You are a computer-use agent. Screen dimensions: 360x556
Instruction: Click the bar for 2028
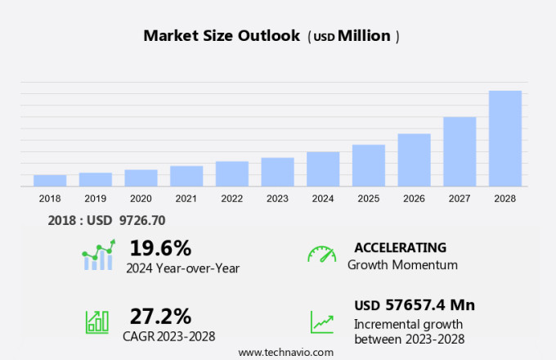click(504, 138)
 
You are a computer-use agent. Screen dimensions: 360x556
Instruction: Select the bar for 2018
click(50, 181)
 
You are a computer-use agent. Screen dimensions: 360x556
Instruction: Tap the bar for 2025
click(368, 165)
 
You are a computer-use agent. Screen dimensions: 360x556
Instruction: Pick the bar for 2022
click(231, 173)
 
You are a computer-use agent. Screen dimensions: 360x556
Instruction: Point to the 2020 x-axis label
click(141, 198)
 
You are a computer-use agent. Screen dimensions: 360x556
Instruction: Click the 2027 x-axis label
click(460, 198)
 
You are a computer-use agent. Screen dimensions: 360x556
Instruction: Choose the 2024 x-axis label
click(323, 198)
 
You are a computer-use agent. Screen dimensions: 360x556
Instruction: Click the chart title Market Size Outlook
click(221, 36)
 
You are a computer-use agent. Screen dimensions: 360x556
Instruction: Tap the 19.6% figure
click(160, 247)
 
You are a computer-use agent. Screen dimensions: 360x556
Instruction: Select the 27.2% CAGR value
click(160, 316)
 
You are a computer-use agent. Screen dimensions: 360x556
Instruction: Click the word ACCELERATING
click(400, 247)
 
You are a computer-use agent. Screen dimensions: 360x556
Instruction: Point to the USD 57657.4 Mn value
click(415, 305)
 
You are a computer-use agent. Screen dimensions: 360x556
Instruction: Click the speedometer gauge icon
click(321, 254)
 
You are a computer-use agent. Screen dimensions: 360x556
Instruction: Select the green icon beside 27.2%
click(97, 322)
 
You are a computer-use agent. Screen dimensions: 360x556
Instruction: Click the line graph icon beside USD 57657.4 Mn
click(321, 322)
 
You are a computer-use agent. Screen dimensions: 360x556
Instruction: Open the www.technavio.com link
click(285, 352)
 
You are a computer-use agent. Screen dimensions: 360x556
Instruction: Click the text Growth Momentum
click(402, 265)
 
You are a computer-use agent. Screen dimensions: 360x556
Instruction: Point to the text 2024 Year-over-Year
click(182, 268)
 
